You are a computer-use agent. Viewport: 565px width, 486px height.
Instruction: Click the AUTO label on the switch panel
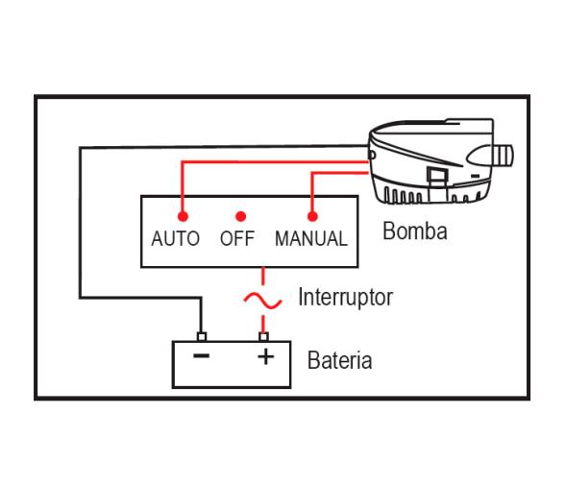[x=175, y=240]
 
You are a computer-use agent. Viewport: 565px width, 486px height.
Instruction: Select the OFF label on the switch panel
[x=236, y=240]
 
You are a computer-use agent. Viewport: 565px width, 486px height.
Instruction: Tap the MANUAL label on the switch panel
[x=310, y=240]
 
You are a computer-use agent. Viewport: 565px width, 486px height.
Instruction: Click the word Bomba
[x=414, y=231]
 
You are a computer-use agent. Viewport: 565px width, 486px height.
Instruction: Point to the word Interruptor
[x=345, y=297]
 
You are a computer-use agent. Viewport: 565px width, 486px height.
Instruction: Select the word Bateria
[x=339, y=362]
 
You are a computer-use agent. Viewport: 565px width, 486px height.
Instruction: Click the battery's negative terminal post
[x=200, y=336]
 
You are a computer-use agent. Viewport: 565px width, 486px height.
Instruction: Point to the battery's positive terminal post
[x=262, y=336]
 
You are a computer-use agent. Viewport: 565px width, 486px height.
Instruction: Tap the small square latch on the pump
[x=434, y=176]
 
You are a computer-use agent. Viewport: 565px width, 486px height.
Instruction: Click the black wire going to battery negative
[x=80, y=240]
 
